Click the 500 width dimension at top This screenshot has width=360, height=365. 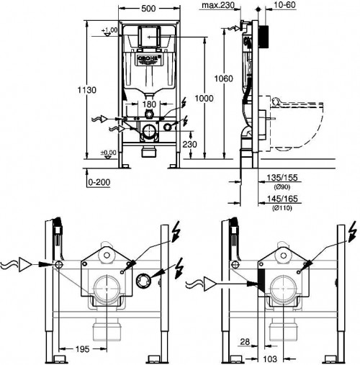click(150, 9)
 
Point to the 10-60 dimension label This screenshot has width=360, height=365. click(280, 6)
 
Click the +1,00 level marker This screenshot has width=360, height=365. click(110, 31)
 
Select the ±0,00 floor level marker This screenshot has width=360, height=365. click(109, 152)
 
